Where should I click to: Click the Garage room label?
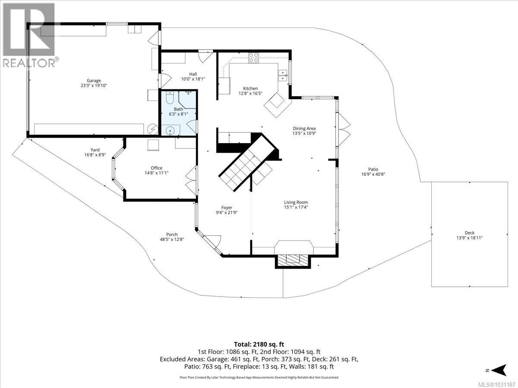(94, 80)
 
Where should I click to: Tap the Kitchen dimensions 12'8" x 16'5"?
(250, 93)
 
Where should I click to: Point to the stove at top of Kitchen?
(253, 58)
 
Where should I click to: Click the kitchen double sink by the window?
(283, 75)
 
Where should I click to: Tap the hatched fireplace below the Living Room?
(293, 260)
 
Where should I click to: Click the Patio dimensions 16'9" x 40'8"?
(373, 174)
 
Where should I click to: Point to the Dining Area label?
(304, 128)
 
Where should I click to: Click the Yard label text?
(95, 150)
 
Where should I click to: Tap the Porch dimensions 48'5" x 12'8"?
(172, 239)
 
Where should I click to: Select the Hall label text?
(193, 74)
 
